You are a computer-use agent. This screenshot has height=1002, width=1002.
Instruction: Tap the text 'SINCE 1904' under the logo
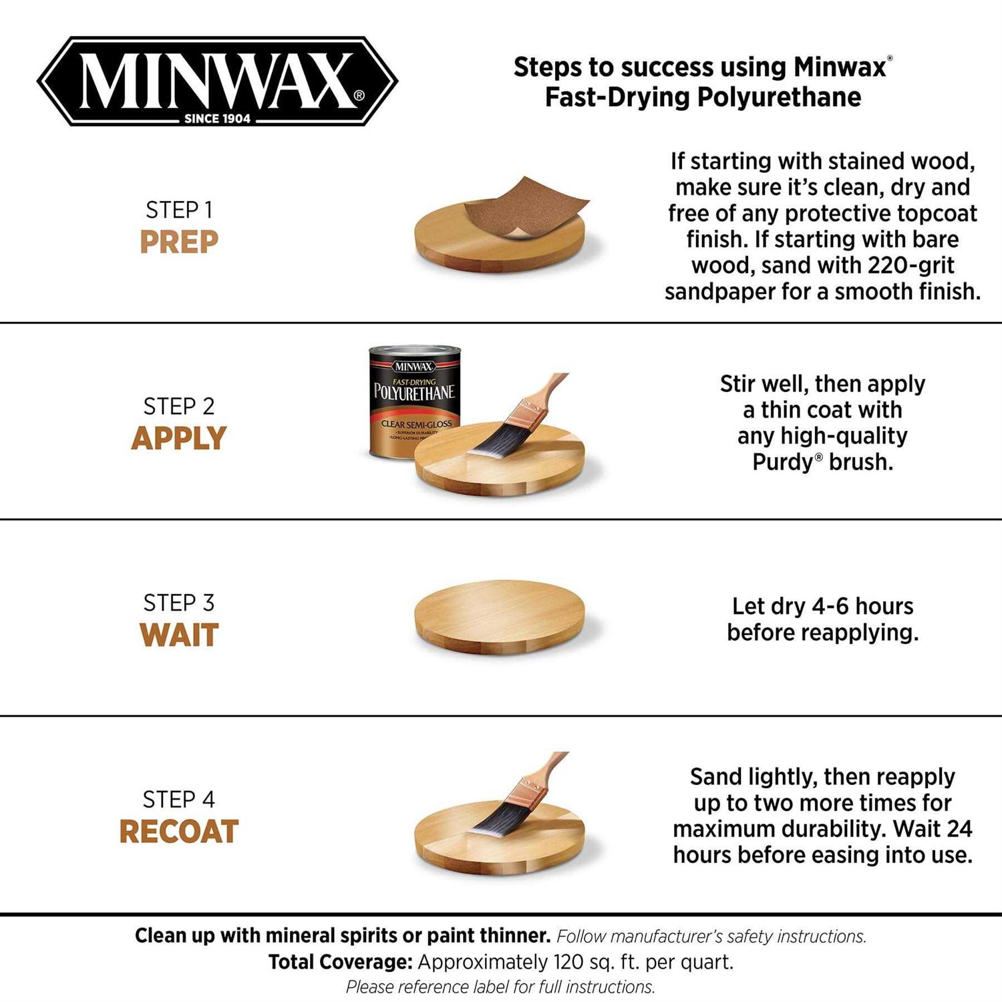217,119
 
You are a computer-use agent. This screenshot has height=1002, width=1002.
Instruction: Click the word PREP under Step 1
179,242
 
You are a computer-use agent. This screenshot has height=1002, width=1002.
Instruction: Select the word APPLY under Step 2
179,438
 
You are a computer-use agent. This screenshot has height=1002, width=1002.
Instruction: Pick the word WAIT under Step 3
179,635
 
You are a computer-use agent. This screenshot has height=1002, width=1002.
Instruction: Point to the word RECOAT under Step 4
179,832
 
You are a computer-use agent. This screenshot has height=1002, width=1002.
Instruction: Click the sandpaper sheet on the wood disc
528,207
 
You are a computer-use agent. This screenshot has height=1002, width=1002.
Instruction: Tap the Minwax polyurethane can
414,401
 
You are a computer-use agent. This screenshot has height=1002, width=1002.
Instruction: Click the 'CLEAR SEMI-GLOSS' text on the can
416,424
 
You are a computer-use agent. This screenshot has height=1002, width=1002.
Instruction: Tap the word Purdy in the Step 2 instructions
780,462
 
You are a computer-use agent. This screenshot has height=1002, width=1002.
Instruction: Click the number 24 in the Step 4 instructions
959,829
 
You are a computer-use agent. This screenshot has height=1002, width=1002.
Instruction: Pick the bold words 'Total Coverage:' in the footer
340,962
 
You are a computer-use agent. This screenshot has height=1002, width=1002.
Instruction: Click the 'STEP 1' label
179,210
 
